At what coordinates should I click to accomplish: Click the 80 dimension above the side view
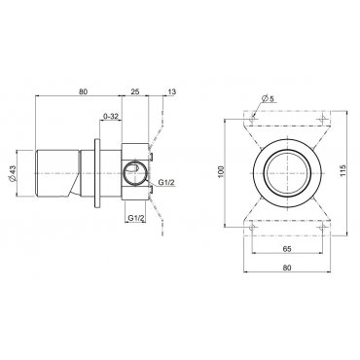(x=83, y=91)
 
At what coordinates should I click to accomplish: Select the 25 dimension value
(x=135, y=91)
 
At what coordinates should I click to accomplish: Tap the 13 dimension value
(x=172, y=91)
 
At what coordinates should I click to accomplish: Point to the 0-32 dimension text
(x=111, y=116)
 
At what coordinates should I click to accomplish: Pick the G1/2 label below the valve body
(x=135, y=218)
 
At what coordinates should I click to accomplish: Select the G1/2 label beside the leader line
(x=166, y=183)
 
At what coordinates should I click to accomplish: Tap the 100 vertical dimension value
(x=221, y=173)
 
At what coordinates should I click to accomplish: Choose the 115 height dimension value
(x=343, y=171)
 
